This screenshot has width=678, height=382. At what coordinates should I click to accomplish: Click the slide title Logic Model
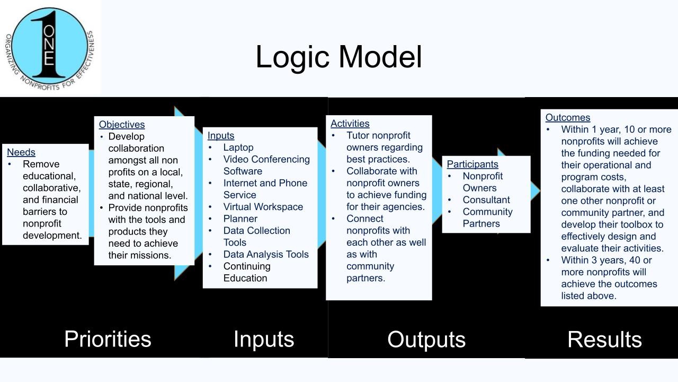point(338,57)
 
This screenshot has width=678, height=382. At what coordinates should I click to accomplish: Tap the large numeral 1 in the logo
point(48,45)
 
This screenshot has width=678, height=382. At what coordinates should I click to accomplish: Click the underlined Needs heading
point(21,152)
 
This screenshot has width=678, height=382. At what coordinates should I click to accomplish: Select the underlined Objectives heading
point(122,125)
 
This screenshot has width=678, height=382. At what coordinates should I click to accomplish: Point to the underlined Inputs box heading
point(221,136)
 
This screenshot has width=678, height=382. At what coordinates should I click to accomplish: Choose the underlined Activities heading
point(350,124)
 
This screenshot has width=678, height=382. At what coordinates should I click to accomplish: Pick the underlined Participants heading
point(472,164)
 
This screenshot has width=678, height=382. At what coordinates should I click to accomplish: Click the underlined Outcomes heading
point(568,118)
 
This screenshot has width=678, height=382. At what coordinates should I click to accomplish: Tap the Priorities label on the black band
point(108,339)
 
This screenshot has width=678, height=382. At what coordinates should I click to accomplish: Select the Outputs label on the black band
point(426,340)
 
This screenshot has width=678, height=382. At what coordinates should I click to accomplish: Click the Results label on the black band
point(604,340)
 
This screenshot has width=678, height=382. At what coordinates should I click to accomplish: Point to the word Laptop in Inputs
point(238,147)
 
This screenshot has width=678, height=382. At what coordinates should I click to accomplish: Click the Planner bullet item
point(240,219)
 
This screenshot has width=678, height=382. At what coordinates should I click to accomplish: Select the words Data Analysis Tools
point(266,254)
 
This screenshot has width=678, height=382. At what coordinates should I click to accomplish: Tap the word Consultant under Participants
point(486,200)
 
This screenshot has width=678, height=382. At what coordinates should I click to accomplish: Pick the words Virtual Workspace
point(263,207)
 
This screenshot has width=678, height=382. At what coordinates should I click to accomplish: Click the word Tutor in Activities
point(359,135)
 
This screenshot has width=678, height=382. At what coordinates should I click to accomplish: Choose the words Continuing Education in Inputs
point(246,272)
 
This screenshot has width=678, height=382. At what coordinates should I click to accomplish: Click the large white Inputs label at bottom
point(264,340)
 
